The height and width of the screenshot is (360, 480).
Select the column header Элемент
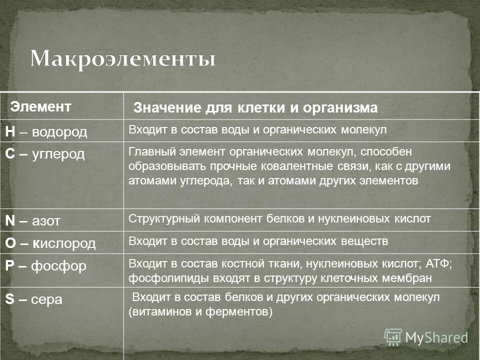(41, 106)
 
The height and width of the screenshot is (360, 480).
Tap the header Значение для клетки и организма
(255, 108)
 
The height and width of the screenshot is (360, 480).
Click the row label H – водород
(46, 132)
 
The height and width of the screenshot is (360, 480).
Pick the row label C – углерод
(45, 153)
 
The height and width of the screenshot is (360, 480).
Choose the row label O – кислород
(50, 243)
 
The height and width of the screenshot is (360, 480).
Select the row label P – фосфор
(46, 265)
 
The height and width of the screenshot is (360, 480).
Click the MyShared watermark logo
(426, 336)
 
